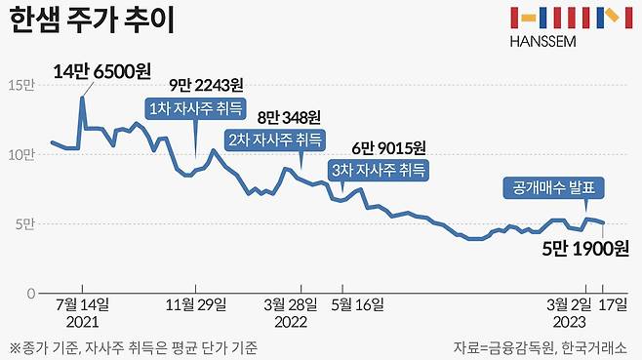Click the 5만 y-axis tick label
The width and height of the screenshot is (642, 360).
(x=23, y=223)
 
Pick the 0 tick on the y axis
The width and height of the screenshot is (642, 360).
(x=31, y=293)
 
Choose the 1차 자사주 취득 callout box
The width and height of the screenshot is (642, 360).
(x=194, y=107)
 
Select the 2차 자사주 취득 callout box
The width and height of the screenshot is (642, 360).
(x=276, y=139)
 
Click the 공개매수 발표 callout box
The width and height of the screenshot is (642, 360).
(x=554, y=187)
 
